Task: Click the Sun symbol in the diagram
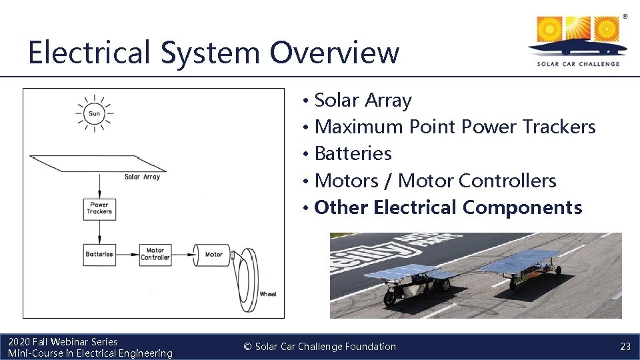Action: [x=94, y=113]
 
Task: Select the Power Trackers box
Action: [x=99, y=208]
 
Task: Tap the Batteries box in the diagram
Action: [x=99, y=254]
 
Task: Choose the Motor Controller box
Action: [x=155, y=254]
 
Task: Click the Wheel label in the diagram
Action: [x=267, y=294]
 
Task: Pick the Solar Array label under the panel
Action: [x=142, y=177]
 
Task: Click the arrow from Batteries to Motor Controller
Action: [x=127, y=254]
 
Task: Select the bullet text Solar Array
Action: [x=363, y=100]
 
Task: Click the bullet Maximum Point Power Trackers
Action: [x=455, y=127]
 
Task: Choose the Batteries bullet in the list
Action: [x=353, y=153]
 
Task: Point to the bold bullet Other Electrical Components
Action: [x=448, y=207]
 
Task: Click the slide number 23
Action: [x=625, y=347]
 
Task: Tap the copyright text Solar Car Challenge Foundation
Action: [x=320, y=347]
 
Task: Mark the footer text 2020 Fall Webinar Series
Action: [x=63, y=342]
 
